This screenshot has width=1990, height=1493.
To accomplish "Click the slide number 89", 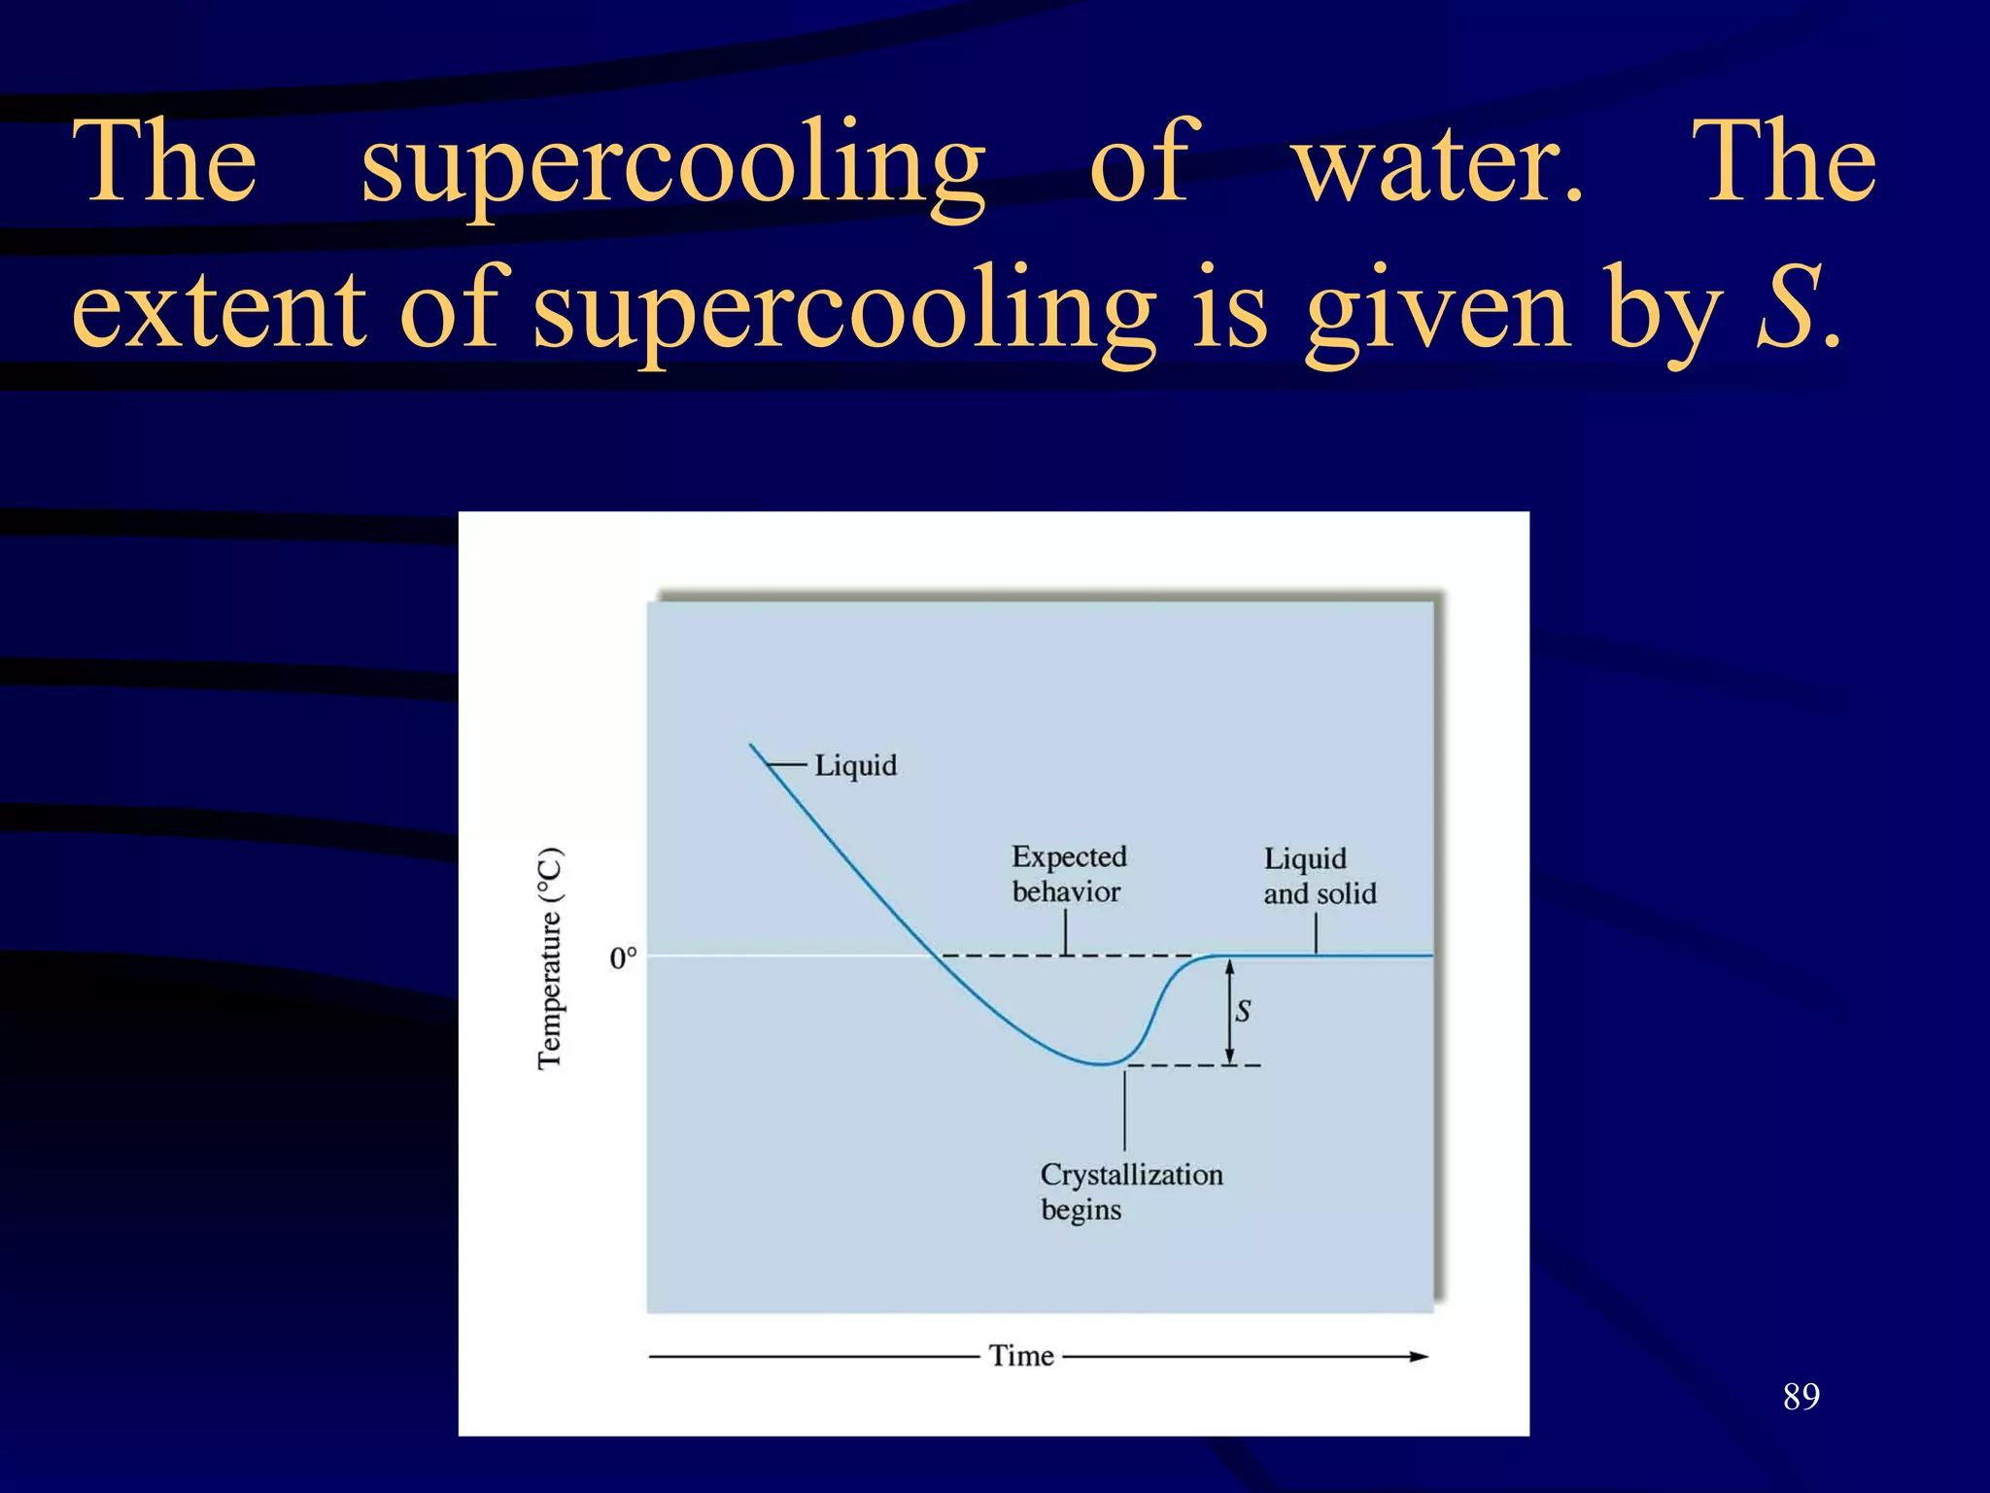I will pos(1801,1397).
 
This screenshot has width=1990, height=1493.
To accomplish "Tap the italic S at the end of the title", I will pos(1786,311).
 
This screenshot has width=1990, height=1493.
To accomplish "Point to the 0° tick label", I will pos(623,958).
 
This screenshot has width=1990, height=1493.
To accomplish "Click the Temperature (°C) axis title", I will pos(550,957).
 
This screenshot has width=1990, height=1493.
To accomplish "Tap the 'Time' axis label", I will pos(1020,1356).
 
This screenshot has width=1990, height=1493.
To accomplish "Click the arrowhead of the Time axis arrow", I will pos(1420,1356).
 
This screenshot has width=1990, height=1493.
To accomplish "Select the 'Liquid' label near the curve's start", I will pos(855,766).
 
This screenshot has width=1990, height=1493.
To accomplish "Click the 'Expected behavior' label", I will pos(1068,874).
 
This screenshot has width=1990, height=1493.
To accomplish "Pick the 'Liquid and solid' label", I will pos(1319,876).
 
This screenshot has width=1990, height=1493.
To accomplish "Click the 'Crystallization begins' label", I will pos(1130,1192).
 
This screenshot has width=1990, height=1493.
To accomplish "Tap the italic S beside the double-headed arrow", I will pos(1243,1011).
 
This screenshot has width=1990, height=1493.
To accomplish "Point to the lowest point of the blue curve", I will pos(1101,1064).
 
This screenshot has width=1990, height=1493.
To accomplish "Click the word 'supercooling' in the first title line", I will pos(672,165).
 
